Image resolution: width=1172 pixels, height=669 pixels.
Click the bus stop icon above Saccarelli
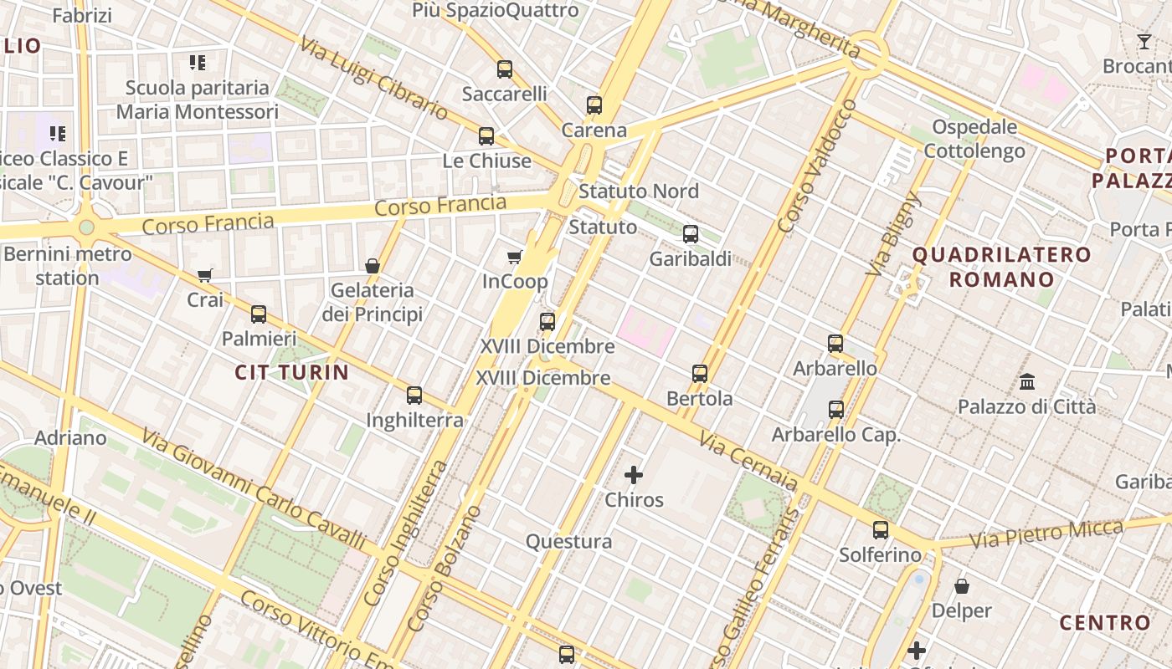point(505,69)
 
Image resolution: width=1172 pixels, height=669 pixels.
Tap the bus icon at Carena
point(594,105)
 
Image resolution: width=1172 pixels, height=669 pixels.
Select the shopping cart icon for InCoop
point(515,258)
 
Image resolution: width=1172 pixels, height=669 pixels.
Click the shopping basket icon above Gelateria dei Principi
point(373,266)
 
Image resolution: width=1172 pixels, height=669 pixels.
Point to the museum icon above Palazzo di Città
point(1027,382)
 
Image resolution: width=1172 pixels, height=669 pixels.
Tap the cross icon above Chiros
point(634,476)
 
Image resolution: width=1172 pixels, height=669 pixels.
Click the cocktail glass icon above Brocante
point(1144,42)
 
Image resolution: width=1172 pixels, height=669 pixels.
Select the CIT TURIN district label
point(291,372)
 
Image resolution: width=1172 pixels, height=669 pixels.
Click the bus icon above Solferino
point(881,530)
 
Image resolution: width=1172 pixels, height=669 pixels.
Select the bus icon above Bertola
point(700,374)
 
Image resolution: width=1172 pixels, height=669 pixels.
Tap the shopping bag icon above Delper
point(962,586)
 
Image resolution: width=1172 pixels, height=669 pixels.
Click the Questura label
point(568,541)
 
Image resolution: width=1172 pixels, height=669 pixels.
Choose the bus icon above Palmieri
point(259,314)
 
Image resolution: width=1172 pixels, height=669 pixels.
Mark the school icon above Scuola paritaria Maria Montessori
point(198,62)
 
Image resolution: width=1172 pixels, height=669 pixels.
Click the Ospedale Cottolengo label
point(974,139)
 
